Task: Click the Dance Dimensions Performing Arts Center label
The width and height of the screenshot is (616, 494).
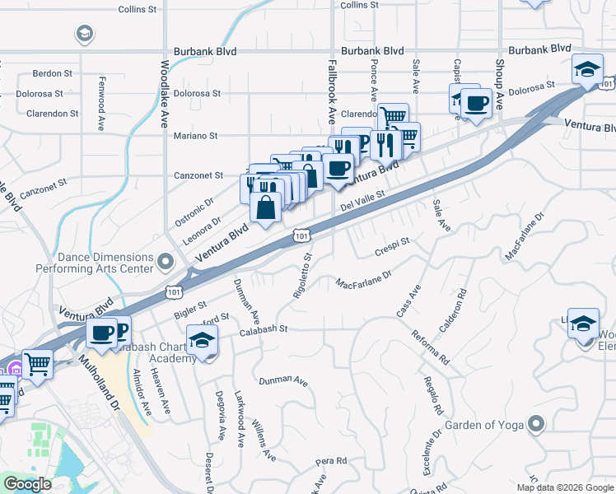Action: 95,263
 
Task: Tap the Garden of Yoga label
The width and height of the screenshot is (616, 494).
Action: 484,426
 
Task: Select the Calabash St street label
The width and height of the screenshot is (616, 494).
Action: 263,329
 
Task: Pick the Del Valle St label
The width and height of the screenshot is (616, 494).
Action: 363,202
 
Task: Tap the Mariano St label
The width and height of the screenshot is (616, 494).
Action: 195,136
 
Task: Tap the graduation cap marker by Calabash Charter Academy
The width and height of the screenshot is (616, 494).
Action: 201,340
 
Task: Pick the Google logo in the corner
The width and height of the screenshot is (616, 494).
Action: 27,484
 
